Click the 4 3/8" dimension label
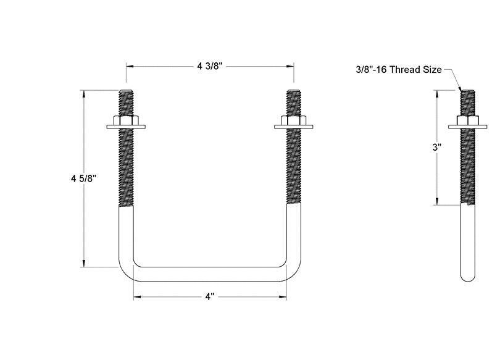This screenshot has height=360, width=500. (x=210, y=66)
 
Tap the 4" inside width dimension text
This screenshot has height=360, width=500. (x=210, y=297)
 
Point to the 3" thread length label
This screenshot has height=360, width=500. (x=436, y=147)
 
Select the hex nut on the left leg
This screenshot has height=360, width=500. (x=126, y=120)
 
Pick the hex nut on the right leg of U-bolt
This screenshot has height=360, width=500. (x=294, y=120)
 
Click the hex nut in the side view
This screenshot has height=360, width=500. (x=467, y=120)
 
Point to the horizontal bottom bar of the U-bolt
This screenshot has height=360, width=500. (x=210, y=273)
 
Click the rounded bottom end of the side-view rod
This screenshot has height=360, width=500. (x=467, y=275)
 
